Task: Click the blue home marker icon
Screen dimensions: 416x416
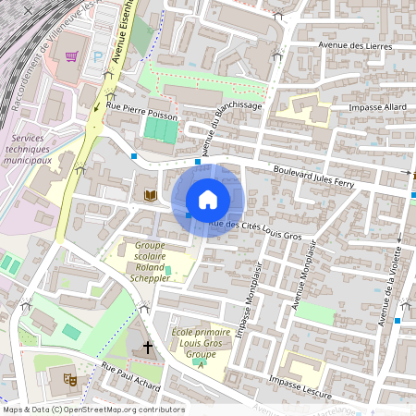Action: tap(207, 200)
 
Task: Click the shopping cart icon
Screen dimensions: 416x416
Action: tap(72, 56)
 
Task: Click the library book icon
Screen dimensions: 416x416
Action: tap(149, 195)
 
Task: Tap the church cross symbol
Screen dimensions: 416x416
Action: tap(146, 348)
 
